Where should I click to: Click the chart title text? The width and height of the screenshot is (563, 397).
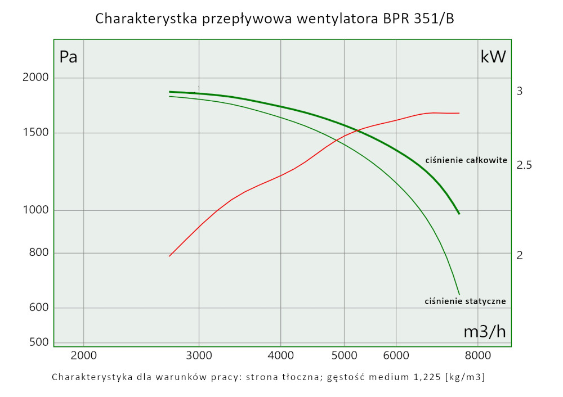pyautogui.click(x=275, y=19)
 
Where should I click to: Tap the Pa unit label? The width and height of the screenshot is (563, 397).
pyautogui.click(x=68, y=57)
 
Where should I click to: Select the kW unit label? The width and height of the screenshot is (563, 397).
pyautogui.click(x=493, y=56)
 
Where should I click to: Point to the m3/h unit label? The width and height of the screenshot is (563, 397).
pyautogui.click(x=484, y=332)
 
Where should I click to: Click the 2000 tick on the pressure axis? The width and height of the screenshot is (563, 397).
pyautogui.click(x=36, y=78)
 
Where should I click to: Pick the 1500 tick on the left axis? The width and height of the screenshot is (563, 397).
pyautogui.click(x=36, y=133)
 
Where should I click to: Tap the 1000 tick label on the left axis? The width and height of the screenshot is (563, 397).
pyautogui.click(x=36, y=210)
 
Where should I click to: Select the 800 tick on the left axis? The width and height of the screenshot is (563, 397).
pyautogui.click(x=39, y=253)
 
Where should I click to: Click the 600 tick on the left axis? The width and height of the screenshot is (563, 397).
pyautogui.click(x=39, y=308)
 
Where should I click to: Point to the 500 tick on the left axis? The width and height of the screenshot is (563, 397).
pyautogui.click(x=39, y=342)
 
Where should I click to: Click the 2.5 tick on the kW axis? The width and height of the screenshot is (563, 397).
pyautogui.click(x=524, y=165)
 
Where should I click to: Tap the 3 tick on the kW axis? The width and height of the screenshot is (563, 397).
pyautogui.click(x=520, y=91)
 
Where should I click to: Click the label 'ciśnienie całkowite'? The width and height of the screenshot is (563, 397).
pyautogui.click(x=466, y=160)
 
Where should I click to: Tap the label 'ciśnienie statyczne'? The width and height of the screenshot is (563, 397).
pyautogui.click(x=465, y=301)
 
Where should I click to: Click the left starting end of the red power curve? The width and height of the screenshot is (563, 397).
pyautogui.click(x=169, y=256)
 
